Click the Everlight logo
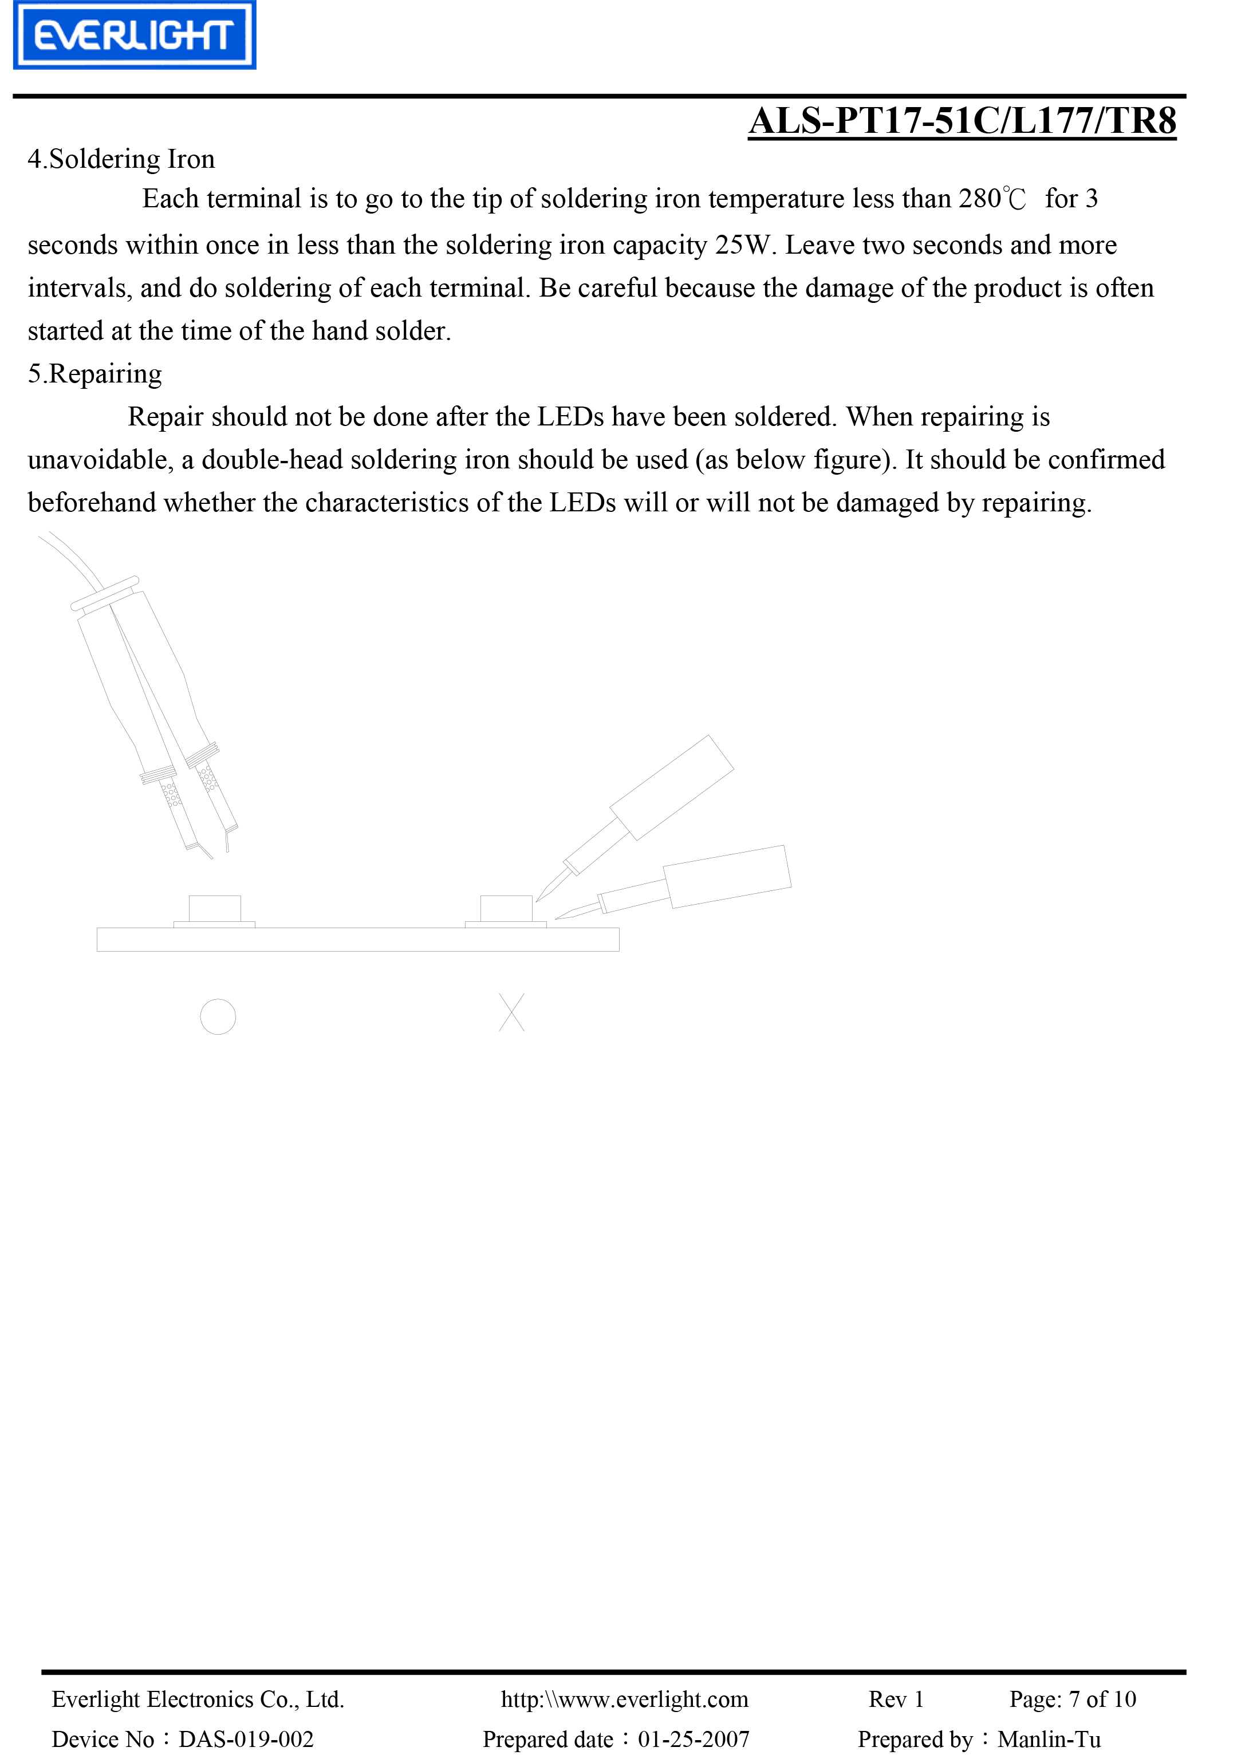(x=135, y=36)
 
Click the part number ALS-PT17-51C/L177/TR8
(x=962, y=121)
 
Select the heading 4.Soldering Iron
(x=121, y=159)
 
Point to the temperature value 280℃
(x=991, y=199)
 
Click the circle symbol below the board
(x=218, y=1016)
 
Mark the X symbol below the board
(x=511, y=1012)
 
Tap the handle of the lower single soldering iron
(x=727, y=877)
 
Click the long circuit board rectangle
(x=357, y=940)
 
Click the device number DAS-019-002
(x=246, y=1739)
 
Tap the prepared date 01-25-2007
(x=693, y=1739)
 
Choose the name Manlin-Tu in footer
(x=1049, y=1739)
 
